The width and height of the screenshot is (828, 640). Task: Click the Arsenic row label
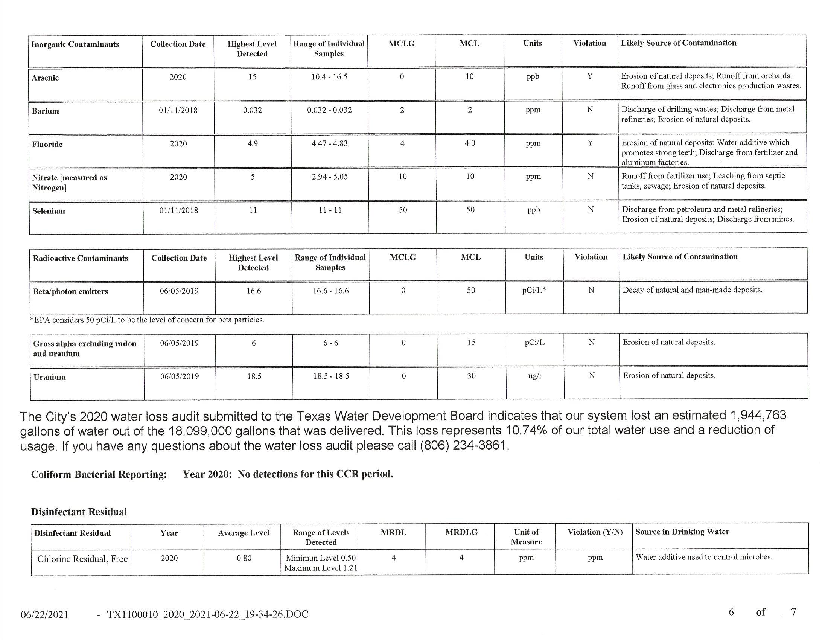pyautogui.click(x=45, y=78)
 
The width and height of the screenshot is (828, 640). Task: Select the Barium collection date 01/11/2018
pyautogui.click(x=178, y=110)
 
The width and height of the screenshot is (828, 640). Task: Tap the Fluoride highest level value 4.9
pyautogui.click(x=253, y=144)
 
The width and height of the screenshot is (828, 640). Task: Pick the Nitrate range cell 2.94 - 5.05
pyautogui.click(x=329, y=177)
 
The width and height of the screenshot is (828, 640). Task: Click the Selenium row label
pyautogui.click(x=49, y=211)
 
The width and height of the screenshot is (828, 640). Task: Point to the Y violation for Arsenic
pyautogui.click(x=590, y=76)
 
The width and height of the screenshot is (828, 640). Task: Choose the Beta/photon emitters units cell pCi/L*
pyautogui.click(x=533, y=290)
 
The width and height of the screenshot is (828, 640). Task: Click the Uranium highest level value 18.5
pyautogui.click(x=254, y=376)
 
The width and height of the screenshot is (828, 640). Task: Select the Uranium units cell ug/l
pyautogui.click(x=534, y=376)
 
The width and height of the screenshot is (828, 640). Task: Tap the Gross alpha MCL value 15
pyautogui.click(x=471, y=343)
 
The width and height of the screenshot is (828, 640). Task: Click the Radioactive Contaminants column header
pyautogui.click(x=81, y=258)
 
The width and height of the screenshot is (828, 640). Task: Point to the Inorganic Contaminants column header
pyautogui.click(x=75, y=44)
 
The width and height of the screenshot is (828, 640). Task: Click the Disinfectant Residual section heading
pyautogui.click(x=79, y=512)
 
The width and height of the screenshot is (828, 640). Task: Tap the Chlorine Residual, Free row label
pyautogui.click(x=82, y=559)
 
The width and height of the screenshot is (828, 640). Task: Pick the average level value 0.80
pyautogui.click(x=244, y=558)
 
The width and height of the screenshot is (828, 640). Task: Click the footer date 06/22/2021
pyautogui.click(x=45, y=615)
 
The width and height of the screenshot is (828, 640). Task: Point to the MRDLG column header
pyautogui.click(x=461, y=532)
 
